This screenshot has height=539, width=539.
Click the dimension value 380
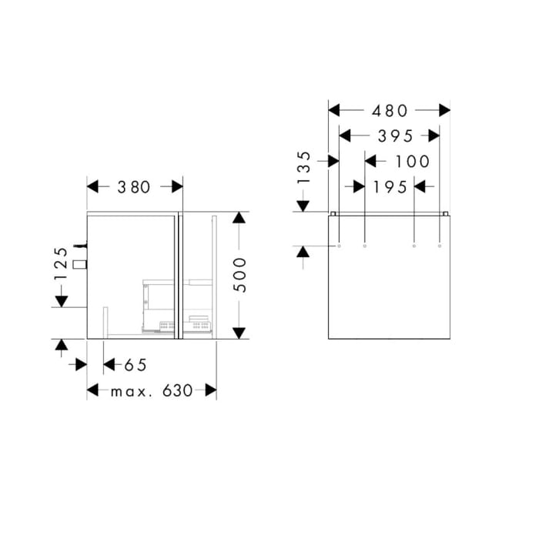pyautogui.click(x=135, y=186)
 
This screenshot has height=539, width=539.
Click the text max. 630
pyautogui.click(x=152, y=391)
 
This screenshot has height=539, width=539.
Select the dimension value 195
pyautogui.click(x=390, y=186)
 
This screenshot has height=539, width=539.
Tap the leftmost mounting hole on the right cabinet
pyautogui.click(x=340, y=246)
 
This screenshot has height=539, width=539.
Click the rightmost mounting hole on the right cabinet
pyautogui.click(x=439, y=246)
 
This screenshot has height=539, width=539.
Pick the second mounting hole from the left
pyautogui.click(x=364, y=246)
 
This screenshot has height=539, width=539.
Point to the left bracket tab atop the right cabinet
pyautogui.click(x=333, y=212)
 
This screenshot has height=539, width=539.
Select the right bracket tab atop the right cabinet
pyautogui.click(x=446, y=212)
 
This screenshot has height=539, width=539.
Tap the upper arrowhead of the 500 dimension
pyautogui.click(x=240, y=219)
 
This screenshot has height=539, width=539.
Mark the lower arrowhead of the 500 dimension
pyautogui.click(x=240, y=333)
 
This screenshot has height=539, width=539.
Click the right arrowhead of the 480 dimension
pyautogui.click(x=444, y=110)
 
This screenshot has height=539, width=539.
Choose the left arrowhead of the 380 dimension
pyautogui.click(x=93, y=186)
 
